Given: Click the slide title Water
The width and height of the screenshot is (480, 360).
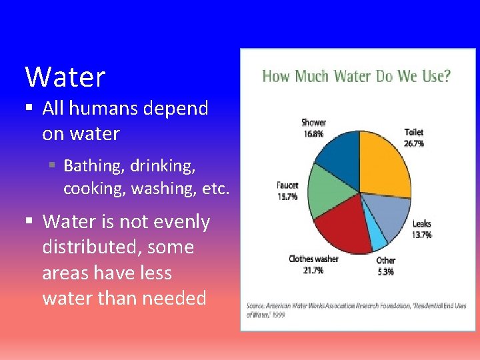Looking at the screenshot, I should point(65,77).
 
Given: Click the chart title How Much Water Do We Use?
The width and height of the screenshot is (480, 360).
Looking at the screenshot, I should point(356,76).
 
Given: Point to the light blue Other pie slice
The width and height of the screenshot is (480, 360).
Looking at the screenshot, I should point(379,237).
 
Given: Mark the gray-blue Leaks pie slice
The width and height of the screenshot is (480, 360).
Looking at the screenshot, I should point(393,213).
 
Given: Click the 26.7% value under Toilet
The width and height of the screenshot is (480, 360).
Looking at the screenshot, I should point(413,143).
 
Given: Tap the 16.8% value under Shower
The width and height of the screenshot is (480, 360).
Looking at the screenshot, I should point(313,133).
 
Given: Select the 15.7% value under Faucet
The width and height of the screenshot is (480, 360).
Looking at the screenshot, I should point(287,197).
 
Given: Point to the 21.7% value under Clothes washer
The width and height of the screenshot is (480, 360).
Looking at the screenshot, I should point(313,270).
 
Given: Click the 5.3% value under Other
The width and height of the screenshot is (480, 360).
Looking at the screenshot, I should point(385,271).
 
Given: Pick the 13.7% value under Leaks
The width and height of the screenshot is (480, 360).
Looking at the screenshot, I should point(422,235).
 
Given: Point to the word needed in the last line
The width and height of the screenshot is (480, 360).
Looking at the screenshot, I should point(175,298).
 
